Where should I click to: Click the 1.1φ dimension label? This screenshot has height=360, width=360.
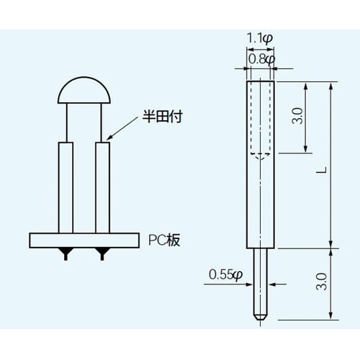pos(259,37)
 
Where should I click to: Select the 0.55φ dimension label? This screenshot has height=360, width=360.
pos(226,274)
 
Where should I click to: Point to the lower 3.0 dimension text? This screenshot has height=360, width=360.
pos(322,283)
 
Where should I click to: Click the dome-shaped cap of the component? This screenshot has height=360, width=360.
pos(84,90)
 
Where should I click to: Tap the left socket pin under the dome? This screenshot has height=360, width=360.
pos(66,187)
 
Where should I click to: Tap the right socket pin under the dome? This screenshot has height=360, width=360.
pos(103,187)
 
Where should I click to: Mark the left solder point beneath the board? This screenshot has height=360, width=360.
pos(66,252)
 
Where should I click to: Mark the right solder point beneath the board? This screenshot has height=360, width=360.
pos(103,252)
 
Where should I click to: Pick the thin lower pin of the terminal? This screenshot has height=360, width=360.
pos(259,281)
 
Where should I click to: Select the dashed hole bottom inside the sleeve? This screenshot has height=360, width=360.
pos(259,154)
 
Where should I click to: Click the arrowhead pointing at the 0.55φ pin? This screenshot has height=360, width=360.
pos(251,283)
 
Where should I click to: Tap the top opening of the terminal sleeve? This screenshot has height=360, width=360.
pos(259,82)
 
